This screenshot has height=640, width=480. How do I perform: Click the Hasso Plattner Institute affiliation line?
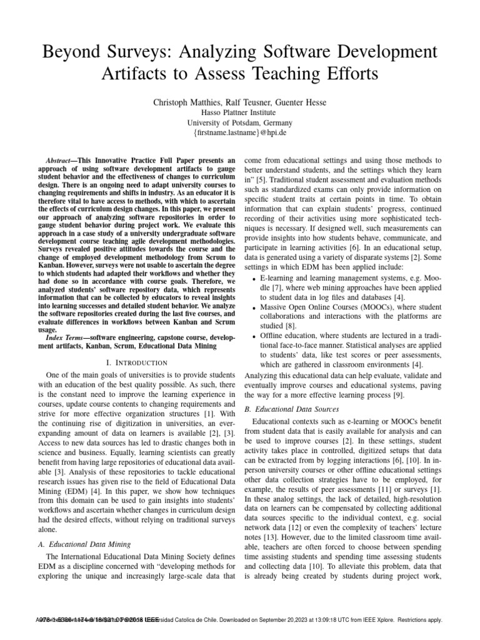pos(240,112)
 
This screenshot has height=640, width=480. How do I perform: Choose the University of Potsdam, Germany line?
pos(240,123)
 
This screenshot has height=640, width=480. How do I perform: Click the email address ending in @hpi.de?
pos(240,134)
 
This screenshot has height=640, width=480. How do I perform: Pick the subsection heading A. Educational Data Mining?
pos(81,544)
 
